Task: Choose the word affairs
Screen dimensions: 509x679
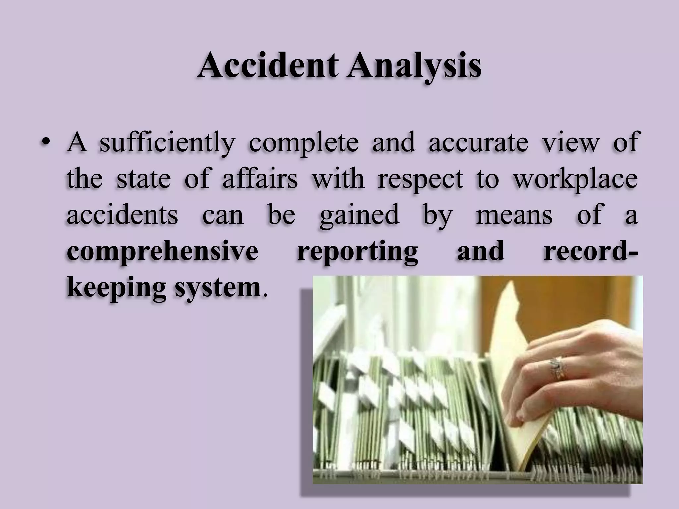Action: pos(260,179)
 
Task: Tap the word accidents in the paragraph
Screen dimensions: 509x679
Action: pos(122,215)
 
